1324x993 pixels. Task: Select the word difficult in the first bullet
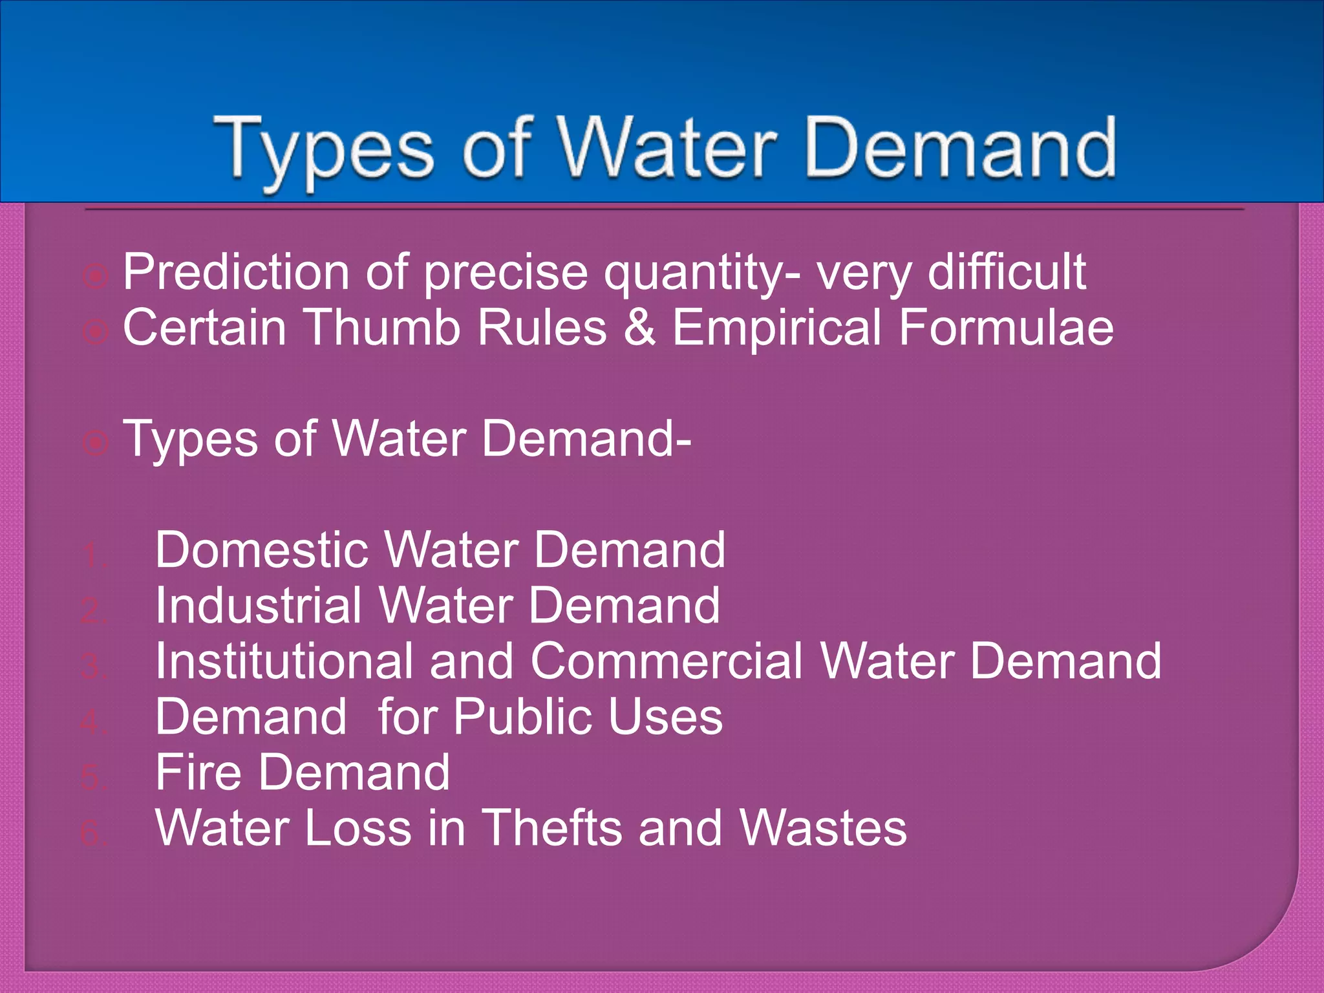(1007, 272)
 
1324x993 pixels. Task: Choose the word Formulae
(1006, 327)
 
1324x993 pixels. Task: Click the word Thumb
(382, 327)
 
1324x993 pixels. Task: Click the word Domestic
(262, 550)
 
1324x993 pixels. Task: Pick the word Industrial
(258, 606)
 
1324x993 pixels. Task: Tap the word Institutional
(284, 661)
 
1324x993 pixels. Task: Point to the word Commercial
(667, 661)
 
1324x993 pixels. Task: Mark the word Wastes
(823, 828)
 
